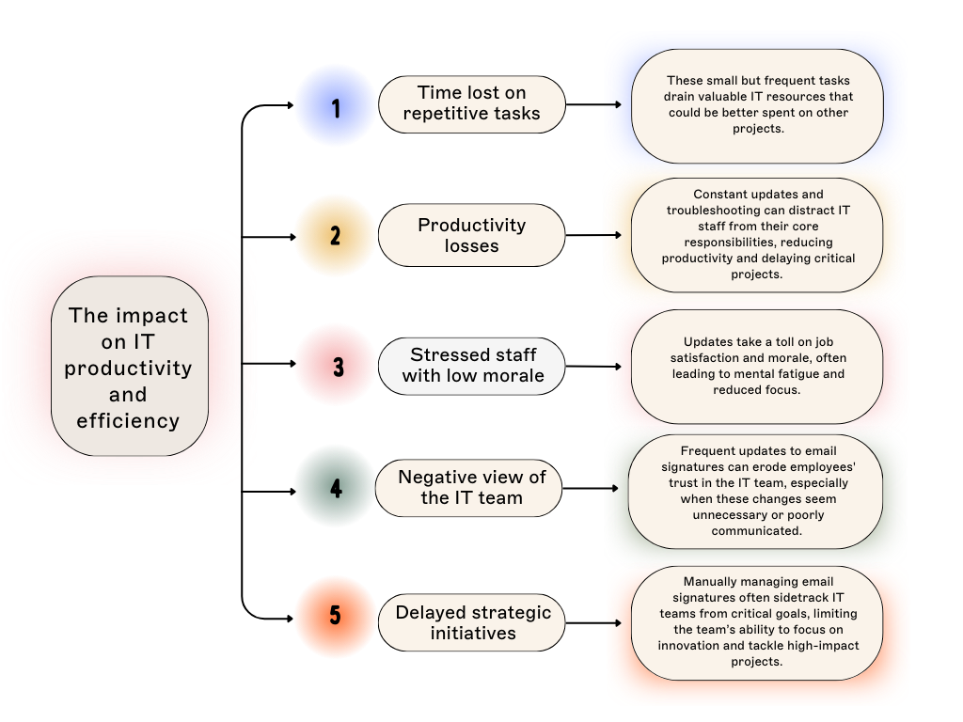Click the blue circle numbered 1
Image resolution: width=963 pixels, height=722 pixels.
click(x=335, y=105)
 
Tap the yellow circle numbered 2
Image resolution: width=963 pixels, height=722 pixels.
click(x=335, y=236)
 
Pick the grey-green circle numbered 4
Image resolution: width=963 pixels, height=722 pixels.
click(x=335, y=486)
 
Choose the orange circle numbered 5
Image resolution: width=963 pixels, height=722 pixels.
click(x=335, y=617)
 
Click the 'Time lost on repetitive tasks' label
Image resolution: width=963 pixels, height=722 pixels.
click(x=471, y=103)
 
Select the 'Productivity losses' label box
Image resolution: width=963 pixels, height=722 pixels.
click(x=471, y=235)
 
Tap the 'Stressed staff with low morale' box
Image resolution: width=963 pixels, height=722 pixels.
click(x=471, y=366)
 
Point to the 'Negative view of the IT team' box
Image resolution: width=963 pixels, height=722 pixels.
click(x=469, y=488)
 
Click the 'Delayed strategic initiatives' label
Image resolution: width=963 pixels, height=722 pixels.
click(x=472, y=622)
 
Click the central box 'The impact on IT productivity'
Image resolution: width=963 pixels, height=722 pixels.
click(x=129, y=367)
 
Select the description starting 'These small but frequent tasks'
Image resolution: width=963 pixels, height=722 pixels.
click(x=757, y=105)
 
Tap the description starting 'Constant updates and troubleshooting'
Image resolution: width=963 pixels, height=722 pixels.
click(x=757, y=235)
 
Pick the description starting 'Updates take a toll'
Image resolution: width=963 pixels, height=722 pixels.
click(x=757, y=366)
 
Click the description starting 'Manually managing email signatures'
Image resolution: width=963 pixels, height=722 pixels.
click(x=757, y=621)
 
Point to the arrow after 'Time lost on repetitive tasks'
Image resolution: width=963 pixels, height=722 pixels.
click(x=613, y=104)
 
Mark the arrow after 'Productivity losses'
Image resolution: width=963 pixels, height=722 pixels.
click(x=613, y=235)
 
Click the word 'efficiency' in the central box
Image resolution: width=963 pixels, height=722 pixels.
click(x=128, y=421)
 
